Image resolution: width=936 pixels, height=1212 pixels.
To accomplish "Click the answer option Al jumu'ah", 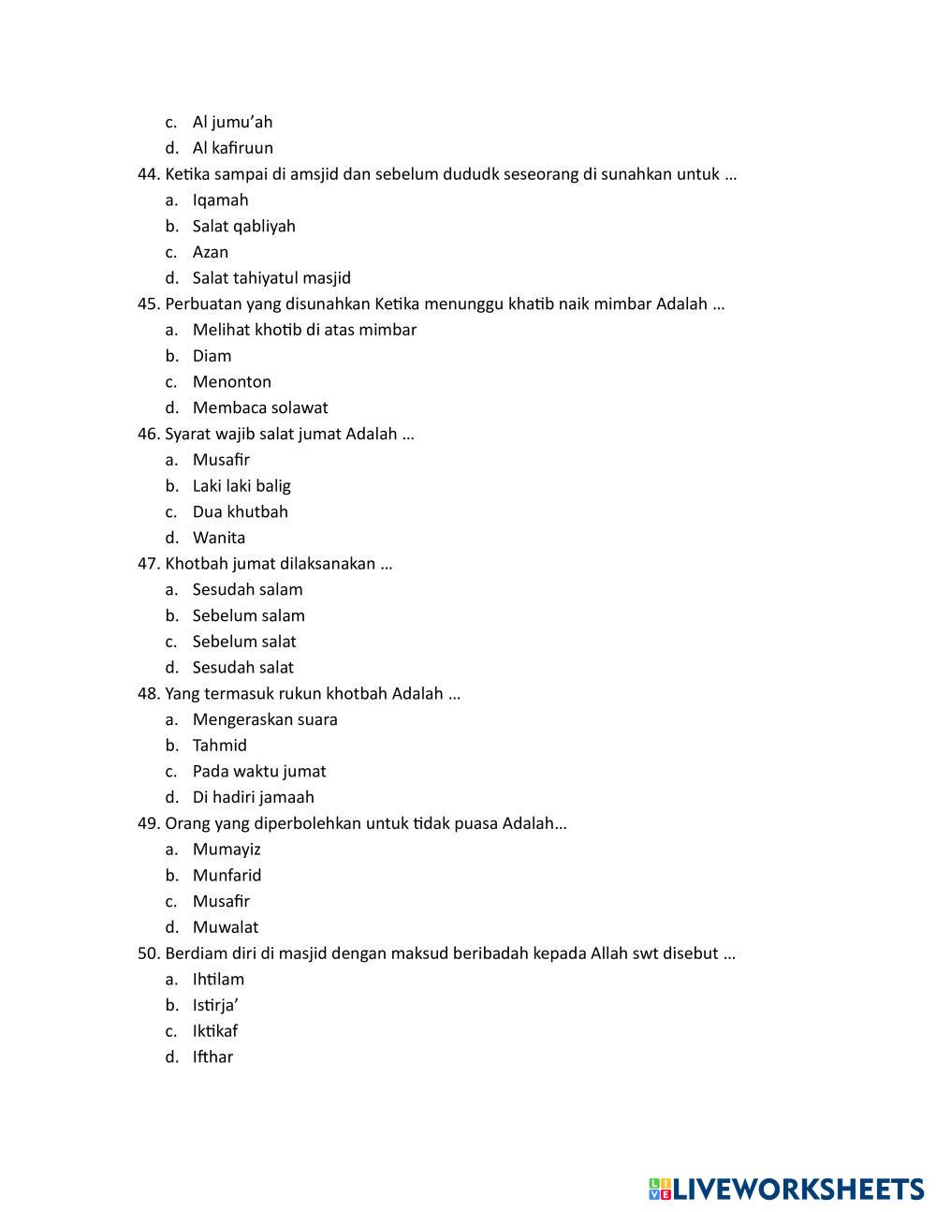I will pos(232,122).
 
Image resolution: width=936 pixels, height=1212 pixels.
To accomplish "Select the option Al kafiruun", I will pos(232,148).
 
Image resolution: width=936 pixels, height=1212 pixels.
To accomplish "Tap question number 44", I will pos(149,174).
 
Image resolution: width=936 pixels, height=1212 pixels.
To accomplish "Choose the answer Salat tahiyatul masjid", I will pos(271,278).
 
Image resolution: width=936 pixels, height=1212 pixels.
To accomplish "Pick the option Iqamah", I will pos(220,200).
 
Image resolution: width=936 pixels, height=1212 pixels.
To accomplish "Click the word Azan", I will pos(211,252).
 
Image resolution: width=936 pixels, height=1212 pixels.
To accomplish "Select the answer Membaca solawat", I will pos(260,408).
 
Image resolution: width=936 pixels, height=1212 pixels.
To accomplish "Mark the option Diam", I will pos(212,356).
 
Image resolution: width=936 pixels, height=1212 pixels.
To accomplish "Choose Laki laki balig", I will pos(241,486).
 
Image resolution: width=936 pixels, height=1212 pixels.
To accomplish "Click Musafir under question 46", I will pos(221,460).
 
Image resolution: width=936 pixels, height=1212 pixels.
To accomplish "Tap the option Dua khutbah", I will pos(241,512).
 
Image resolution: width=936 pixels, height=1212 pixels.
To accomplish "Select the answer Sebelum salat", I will pos(244,643).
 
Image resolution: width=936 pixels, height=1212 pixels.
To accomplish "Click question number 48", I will pos(149,694).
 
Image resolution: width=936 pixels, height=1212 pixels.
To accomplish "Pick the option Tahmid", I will pos(220,746).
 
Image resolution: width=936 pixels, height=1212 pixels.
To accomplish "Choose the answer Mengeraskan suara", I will pos(265,720).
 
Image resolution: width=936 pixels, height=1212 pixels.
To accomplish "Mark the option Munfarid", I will pos(227,876).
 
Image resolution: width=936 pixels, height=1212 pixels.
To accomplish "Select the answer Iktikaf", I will pos(215,1032).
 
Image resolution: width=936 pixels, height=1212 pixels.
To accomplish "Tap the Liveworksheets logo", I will pos(786,1189).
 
